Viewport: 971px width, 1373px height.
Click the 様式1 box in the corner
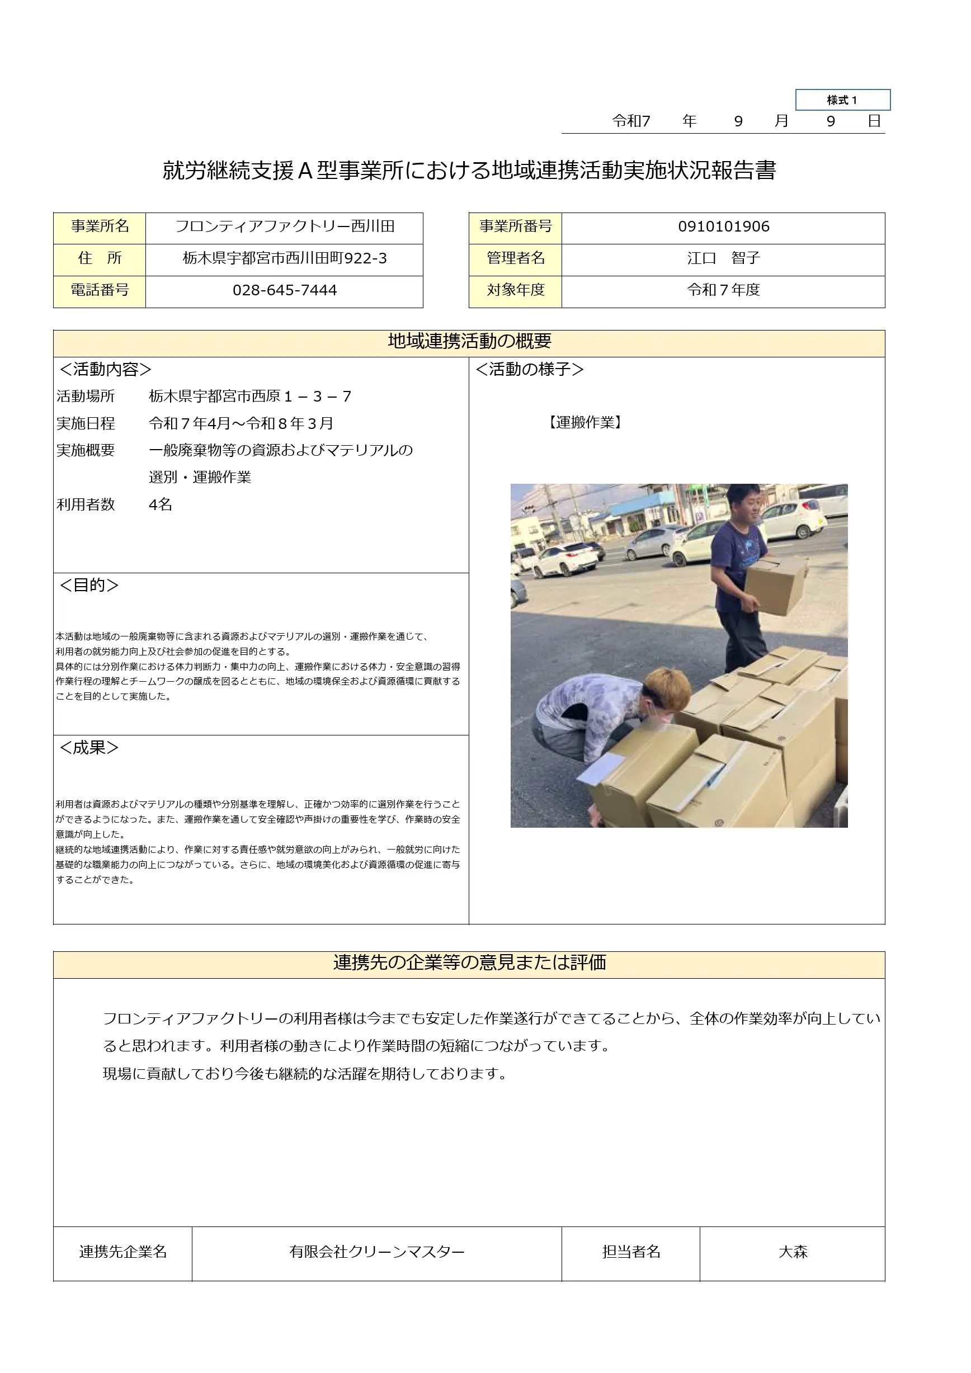[842, 100]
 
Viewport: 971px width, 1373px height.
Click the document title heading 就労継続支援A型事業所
[469, 171]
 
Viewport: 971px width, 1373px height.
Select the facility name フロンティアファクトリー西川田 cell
[284, 227]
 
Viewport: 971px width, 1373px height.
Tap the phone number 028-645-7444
[284, 291]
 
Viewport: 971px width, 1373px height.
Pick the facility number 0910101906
[723, 227]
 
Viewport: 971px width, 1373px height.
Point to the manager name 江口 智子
[723, 258]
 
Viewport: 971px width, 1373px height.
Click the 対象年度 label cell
[515, 291]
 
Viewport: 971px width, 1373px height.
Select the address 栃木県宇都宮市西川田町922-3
[284, 258]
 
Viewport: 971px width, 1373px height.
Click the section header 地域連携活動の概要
[469, 342]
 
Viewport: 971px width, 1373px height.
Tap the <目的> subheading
[89, 586]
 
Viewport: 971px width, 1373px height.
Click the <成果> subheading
[89, 748]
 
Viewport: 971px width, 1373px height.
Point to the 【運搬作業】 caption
[585, 423]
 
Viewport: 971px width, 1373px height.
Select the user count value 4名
[160, 504]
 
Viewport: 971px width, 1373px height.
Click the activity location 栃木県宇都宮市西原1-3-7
[250, 397]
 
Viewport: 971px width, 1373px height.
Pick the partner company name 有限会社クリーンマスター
[376, 1252]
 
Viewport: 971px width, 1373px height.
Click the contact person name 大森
[792, 1252]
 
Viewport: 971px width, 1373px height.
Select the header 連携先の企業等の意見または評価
[469, 962]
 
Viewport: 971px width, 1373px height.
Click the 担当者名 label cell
[630, 1252]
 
